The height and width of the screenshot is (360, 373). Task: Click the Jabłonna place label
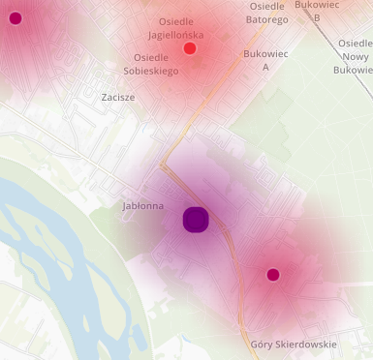[x=142, y=206]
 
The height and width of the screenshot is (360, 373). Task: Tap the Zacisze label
[x=118, y=98]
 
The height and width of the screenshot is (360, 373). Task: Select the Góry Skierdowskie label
[x=294, y=345]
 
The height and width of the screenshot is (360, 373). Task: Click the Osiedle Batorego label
[x=266, y=13]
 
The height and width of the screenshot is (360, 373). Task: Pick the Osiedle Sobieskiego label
[x=149, y=64]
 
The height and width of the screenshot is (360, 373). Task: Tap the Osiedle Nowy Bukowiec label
[x=352, y=56]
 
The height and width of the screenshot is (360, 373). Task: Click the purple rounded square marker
[x=197, y=220]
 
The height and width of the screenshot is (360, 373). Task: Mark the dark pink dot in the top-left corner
[x=15, y=17]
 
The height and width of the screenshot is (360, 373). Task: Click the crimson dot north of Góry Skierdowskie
[x=273, y=275]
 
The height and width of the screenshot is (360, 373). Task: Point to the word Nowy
[x=354, y=56]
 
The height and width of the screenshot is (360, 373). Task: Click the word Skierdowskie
[x=305, y=345]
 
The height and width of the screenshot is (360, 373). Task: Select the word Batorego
[x=266, y=19]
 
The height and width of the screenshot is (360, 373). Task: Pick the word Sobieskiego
[x=149, y=71]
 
